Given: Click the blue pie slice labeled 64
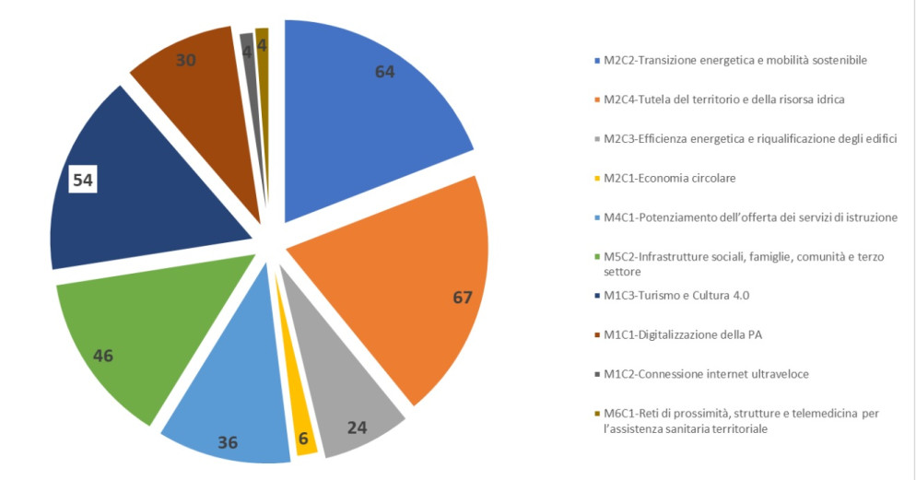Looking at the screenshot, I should click(x=369, y=111).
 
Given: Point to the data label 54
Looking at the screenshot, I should click(x=83, y=180).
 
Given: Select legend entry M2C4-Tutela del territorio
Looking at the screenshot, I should click(x=723, y=99).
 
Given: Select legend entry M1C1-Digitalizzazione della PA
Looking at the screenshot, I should click(x=682, y=334).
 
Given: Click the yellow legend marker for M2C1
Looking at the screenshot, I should click(x=596, y=178).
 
